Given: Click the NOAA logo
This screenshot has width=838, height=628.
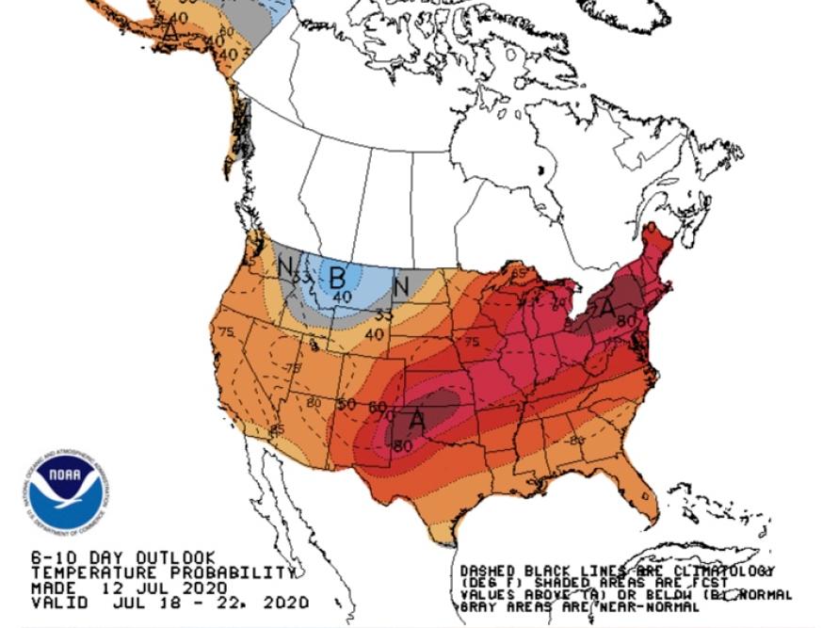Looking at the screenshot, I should [x=66, y=490].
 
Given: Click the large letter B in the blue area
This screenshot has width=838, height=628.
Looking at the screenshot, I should [x=337, y=278].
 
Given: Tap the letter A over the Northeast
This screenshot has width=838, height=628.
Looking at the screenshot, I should [x=608, y=307].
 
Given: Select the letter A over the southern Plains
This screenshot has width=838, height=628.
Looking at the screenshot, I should [x=415, y=419].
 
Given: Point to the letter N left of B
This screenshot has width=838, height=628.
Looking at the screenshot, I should [x=286, y=267].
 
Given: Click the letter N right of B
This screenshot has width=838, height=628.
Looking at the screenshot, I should [x=400, y=285].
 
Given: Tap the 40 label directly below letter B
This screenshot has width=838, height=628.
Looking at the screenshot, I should [x=342, y=298].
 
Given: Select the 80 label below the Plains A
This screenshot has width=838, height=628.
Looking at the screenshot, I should [x=403, y=445].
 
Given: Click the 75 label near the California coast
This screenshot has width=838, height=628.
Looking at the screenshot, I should [x=226, y=331].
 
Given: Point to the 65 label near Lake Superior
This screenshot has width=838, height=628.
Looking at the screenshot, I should [x=519, y=274].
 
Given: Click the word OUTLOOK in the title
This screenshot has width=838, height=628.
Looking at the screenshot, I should [x=178, y=558].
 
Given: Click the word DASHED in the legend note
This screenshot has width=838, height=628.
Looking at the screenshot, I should [x=488, y=572].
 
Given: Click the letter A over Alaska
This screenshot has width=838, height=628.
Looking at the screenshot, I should [x=170, y=30].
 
